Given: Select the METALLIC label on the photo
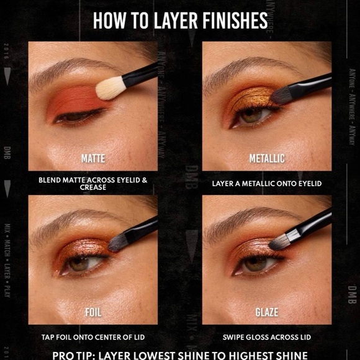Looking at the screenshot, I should [267, 158].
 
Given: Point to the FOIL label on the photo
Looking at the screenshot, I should [92, 312].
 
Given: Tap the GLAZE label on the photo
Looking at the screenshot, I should [267, 312].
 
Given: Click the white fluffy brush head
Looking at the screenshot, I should [109, 88].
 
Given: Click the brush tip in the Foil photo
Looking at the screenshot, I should [118, 243].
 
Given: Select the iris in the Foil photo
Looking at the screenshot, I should [79, 263].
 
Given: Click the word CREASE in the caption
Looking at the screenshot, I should [92, 187].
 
